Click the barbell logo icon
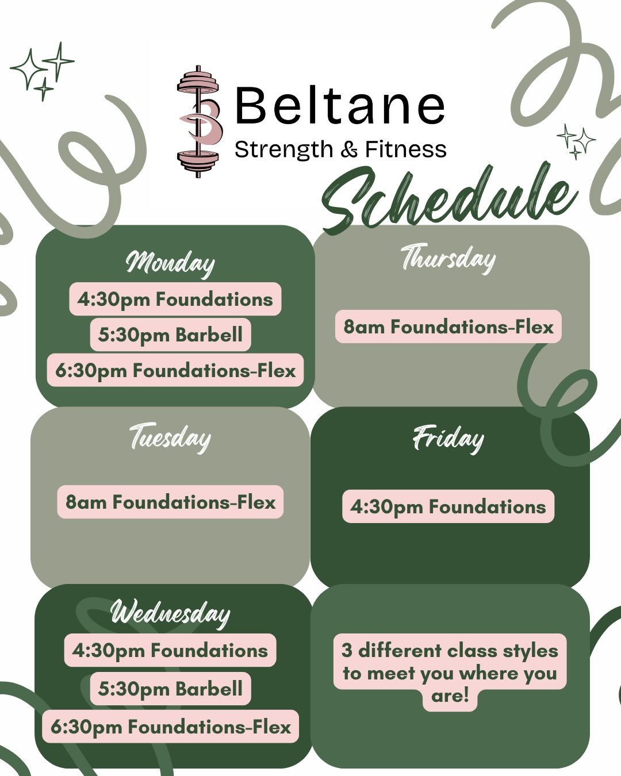click(x=198, y=121)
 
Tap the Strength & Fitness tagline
click(x=340, y=150)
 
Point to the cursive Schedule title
click(x=448, y=198)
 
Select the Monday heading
click(x=170, y=263)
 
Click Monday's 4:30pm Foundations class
click(x=175, y=299)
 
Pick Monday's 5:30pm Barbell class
click(x=170, y=335)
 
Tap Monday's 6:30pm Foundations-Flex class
click(x=175, y=370)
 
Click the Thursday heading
click(x=448, y=258)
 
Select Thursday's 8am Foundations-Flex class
click(x=448, y=327)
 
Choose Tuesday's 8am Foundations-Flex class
click(x=170, y=502)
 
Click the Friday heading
click(x=448, y=439)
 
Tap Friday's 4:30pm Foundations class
click(x=448, y=506)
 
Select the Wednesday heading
click(x=170, y=612)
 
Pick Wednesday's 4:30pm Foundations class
click(x=170, y=651)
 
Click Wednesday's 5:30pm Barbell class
click(x=170, y=689)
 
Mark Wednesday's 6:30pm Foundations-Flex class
click(x=171, y=727)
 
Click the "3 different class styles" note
click(x=450, y=673)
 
